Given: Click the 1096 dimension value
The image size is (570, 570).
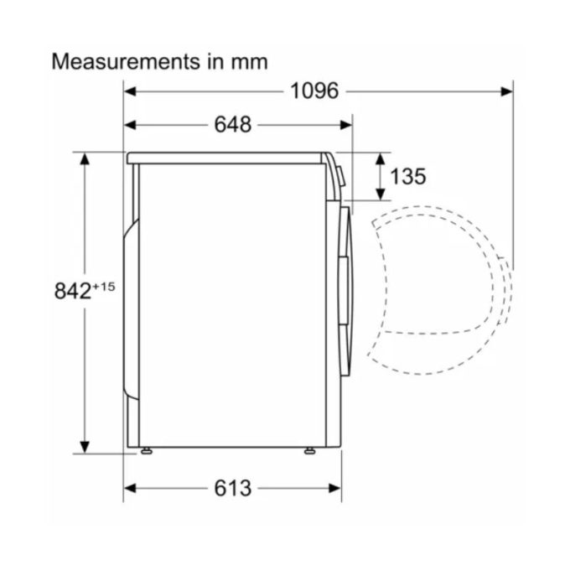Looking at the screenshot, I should pos(314,91).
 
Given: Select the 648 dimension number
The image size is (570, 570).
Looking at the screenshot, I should pos(232,125).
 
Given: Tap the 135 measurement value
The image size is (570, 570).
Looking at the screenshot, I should pos(408,176).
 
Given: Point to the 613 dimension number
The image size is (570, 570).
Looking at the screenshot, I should pos(232,489).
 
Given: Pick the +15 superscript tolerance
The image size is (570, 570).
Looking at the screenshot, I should pos(103,287).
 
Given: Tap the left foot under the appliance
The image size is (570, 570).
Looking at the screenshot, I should pos(147,452).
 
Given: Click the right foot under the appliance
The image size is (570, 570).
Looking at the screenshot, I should pos(310,452).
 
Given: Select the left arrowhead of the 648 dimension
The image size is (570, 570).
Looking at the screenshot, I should pos(130,125).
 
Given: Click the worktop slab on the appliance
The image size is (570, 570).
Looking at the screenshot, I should pos(226,157).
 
